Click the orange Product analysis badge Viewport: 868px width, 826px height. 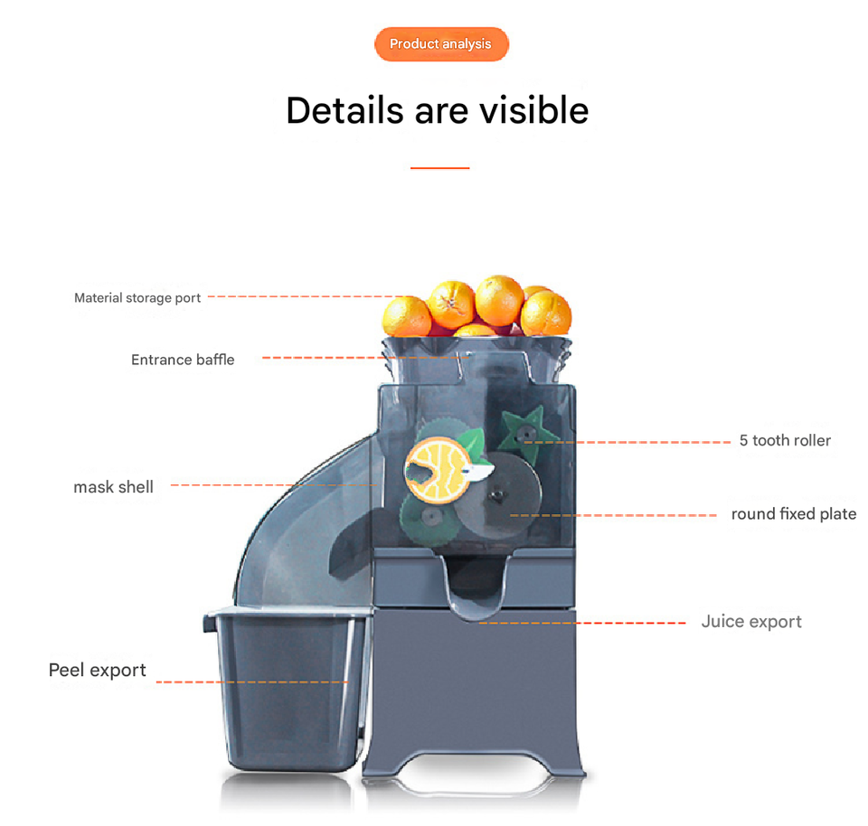[441, 44]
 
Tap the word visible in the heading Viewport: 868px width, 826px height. [534, 110]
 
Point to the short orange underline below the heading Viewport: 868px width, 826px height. [439, 168]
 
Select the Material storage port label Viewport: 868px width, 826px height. [137, 297]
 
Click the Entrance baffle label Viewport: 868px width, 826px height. [183, 360]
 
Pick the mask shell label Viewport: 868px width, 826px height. [113, 487]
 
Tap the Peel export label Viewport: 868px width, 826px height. [97, 671]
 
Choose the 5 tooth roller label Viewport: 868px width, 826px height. [785, 441]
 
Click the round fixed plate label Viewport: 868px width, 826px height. [793, 514]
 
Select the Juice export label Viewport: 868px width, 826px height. [751, 622]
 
